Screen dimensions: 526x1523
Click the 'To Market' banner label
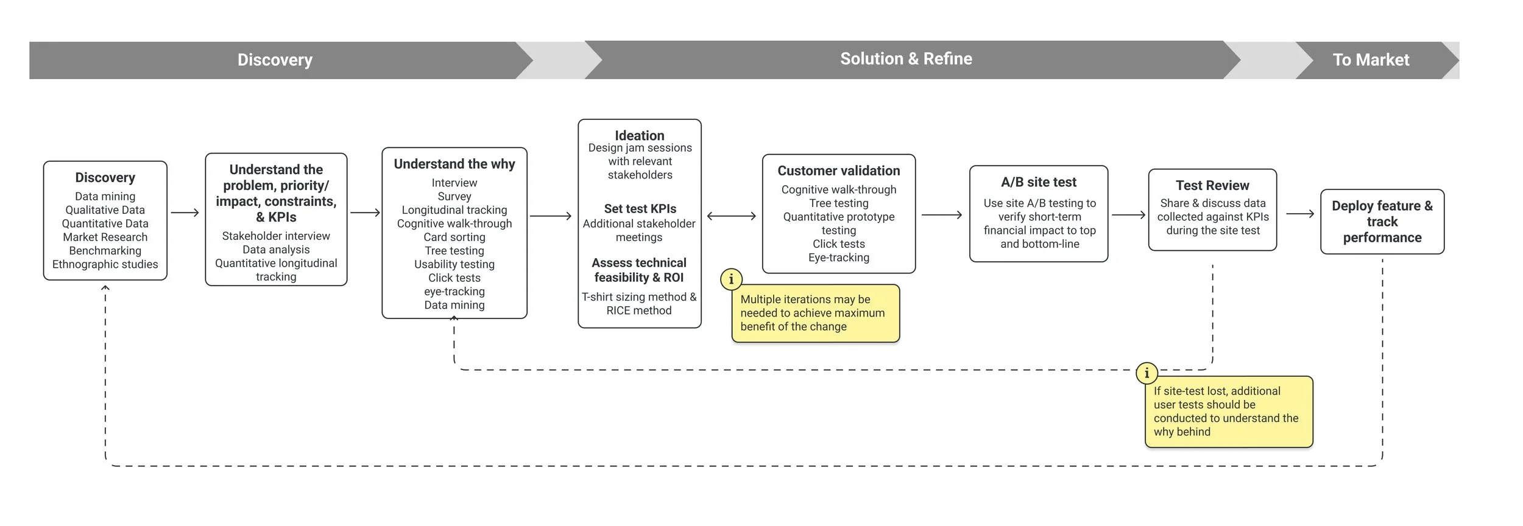click(1370, 60)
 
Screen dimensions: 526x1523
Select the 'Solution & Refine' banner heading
click(906, 58)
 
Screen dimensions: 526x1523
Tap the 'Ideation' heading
click(639, 135)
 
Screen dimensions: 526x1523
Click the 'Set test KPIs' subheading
click(640, 208)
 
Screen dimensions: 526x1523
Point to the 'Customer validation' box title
click(838, 170)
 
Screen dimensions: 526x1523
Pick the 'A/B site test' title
click(1038, 182)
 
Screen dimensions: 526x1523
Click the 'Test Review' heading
click(1212, 185)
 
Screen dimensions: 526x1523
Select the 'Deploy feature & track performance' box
click(1382, 222)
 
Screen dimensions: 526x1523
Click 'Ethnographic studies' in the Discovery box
click(105, 264)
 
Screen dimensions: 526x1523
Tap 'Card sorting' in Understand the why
click(454, 237)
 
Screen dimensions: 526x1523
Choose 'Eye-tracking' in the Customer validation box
click(838, 258)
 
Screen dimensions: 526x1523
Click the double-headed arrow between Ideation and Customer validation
click(731, 216)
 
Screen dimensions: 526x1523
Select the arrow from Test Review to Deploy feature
click(1300, 214)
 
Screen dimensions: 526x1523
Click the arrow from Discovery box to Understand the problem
click(185, 212)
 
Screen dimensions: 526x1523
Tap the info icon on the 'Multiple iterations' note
click(731, 279)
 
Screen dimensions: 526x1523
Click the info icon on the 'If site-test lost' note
click(1147, 373)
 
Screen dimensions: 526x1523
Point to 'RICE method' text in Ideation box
click(638, 310)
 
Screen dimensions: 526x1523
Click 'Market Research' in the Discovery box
click(105, 237)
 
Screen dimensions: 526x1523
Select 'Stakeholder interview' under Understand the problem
click(275, 236)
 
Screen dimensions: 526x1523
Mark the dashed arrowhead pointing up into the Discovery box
click(105, 288)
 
